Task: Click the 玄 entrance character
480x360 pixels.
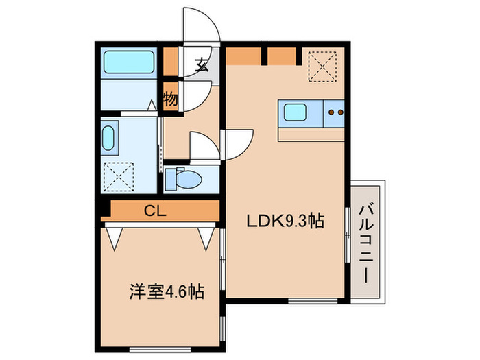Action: pyautogui.click(x=202, y=66)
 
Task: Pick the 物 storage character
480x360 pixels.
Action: pyautogui.click(x=171, y=99)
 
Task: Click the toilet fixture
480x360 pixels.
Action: pyautogui.click(x=184, y=180)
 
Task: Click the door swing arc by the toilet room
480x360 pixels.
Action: pyautogui.click(x=204, y=145)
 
